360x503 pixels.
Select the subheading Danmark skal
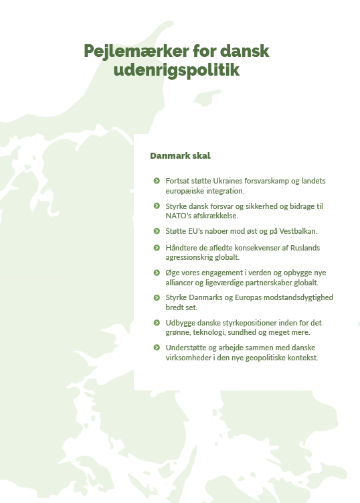(x=180, y=155)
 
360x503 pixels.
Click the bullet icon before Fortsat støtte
(x=156, y=181)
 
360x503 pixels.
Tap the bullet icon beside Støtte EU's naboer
(x=156, y=231)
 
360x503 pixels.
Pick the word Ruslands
(x=308, y=247)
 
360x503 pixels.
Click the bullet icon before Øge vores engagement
(x=156, y=273)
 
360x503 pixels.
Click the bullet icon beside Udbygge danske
(x=156, y=323)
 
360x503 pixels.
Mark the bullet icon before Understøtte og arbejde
(x=156, y=348)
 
